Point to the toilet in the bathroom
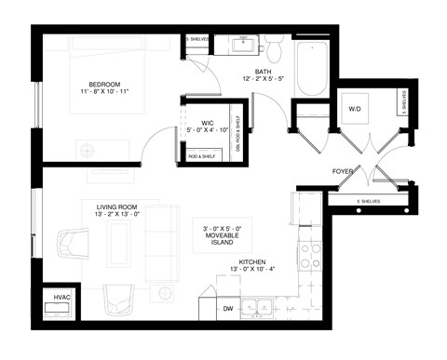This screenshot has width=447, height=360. click(x=275, y=46)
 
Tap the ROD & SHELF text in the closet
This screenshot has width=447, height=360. click(x=200, y=156)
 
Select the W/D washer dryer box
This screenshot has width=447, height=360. click(x=356, y=109)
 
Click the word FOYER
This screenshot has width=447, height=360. click(x=343, y=172)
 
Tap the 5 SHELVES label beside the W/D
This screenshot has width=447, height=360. click(x=403, y=101)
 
